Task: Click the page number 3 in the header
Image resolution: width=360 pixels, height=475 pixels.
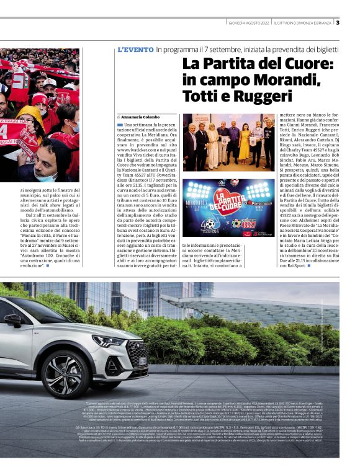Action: pyautogui.click(x=338, y=23)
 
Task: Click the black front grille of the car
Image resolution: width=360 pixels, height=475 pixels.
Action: pyautogui.click(x=138, y=352)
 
